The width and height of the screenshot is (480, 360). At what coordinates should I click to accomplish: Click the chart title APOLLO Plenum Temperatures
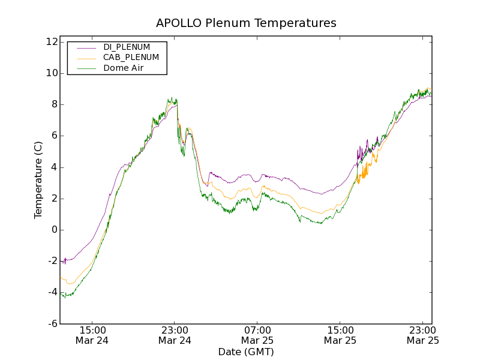coord(246,23)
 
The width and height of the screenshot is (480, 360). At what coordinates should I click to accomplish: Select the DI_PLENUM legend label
coord(127,47)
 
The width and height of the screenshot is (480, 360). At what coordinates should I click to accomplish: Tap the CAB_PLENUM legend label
coord(131,58)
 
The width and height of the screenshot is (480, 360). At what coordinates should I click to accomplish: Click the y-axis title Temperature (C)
coord(38,180)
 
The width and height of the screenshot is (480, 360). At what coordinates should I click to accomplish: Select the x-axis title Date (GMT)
coord(246,352)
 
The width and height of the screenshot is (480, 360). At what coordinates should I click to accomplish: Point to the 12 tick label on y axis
coord(50,42)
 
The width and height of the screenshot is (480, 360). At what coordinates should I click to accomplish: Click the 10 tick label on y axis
coord(50,73)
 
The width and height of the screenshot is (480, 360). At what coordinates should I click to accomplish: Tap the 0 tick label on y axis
coord(54,230)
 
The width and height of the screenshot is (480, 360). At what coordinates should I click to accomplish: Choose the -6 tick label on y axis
coord(52,324)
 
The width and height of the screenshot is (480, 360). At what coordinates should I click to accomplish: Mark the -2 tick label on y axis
coord(52,261)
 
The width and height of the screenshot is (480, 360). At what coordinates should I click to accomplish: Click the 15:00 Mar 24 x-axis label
coord(92,335)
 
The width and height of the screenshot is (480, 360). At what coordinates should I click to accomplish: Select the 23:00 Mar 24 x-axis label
coord(175,335)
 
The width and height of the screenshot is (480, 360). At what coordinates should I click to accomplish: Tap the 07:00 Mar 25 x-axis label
coord(257,335)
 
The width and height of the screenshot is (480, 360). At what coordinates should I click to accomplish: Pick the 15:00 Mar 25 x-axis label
coord(340,335)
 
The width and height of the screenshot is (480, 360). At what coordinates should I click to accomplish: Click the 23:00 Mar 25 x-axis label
coord(422,335)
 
